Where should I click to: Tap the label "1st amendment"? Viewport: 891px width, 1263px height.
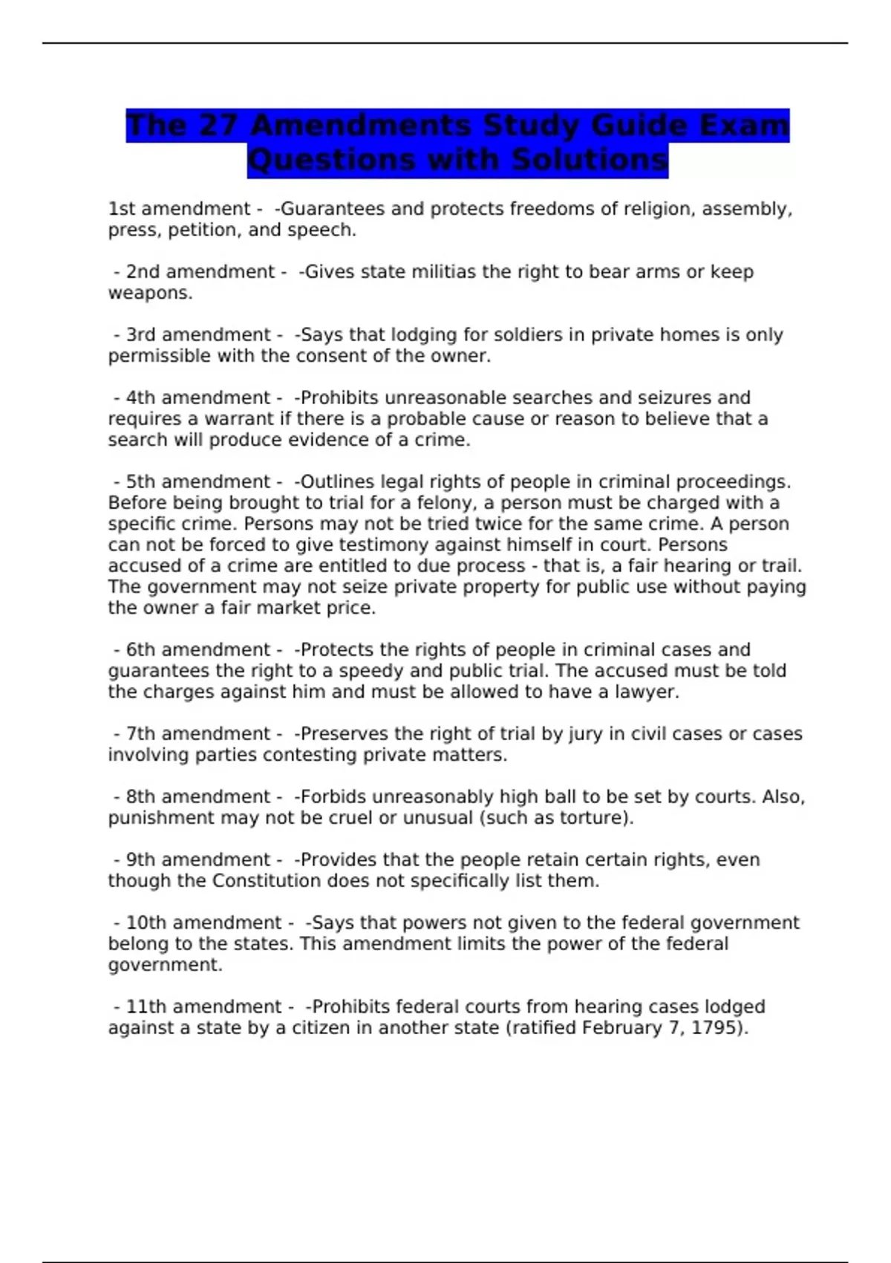(x=179, y=209)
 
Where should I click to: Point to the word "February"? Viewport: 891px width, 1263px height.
(x=621, y=1028)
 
